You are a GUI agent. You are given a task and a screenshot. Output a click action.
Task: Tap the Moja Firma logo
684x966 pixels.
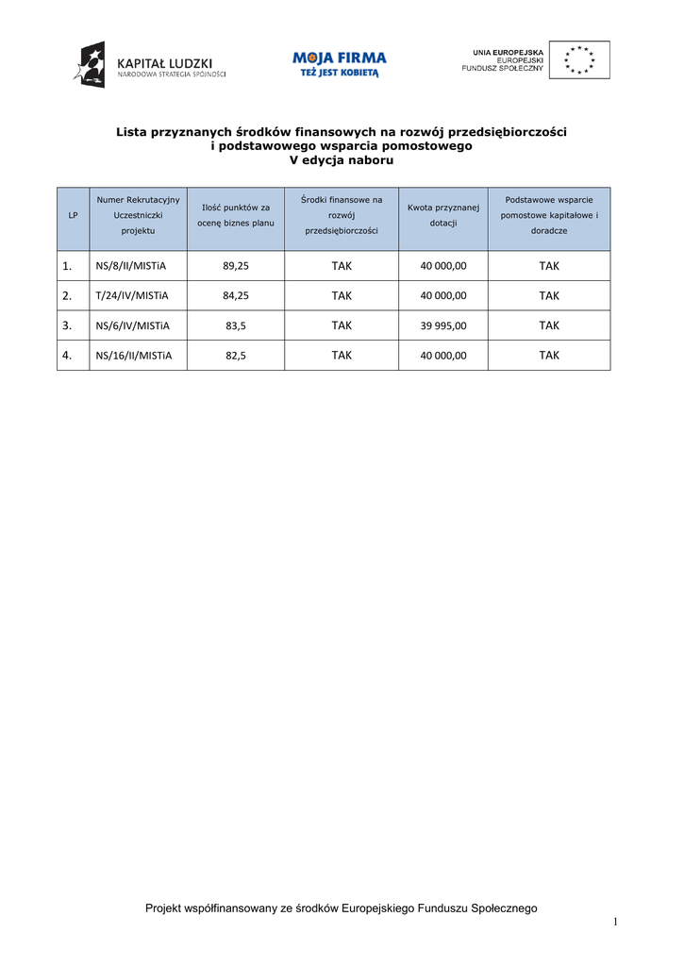[340, 63]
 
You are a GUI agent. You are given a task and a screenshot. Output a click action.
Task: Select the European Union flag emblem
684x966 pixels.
[578, 59]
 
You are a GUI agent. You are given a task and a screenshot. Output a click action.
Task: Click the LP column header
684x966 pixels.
[73, 216]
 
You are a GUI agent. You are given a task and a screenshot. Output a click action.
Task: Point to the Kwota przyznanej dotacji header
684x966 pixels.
[442, 214]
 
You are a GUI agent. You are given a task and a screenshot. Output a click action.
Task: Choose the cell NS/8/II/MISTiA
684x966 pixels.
[131, 266]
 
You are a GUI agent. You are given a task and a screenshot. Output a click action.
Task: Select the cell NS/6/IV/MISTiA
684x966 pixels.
[132, 325]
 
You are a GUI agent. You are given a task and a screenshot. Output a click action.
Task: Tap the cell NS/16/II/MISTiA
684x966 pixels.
[134, 356]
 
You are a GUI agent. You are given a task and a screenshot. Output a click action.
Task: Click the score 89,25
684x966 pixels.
[236, 266]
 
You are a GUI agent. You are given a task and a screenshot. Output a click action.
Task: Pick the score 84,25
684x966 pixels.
[236, 295]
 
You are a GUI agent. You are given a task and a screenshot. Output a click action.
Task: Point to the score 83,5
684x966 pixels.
[236, 325]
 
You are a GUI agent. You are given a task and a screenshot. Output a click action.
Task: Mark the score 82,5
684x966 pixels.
[236, 356]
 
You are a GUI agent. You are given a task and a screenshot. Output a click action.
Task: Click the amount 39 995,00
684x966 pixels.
[442, 325]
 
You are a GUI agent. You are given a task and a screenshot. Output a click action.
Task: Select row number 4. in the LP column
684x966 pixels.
[67, 356]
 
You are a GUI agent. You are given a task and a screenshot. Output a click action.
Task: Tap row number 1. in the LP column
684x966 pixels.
[67, 266]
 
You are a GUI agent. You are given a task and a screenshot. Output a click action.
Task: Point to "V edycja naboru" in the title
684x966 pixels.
[341, 160]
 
